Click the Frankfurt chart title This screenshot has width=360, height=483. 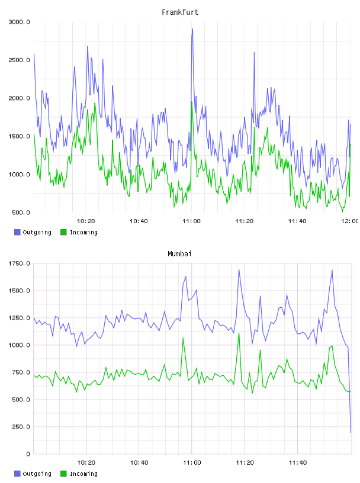click(x=180, y=12)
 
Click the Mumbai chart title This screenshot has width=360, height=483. click(x=179, y=254)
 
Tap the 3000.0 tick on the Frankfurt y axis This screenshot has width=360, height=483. click(x=19, y=22)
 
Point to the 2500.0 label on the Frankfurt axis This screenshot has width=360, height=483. click(x=19, y=60)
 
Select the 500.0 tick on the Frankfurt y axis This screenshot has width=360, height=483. click(x=21, y=212)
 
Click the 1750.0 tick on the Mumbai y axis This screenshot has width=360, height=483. click(x=19, y=263)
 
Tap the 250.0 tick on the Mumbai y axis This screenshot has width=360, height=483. click(x=21, y=427)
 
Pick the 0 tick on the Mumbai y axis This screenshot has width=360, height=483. click(x=28, y=454)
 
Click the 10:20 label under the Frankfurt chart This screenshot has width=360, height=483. click(x=86, y=221)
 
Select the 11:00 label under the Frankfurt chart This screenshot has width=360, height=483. click(x=191, y=221)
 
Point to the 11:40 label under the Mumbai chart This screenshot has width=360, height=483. click(x=298, y=463)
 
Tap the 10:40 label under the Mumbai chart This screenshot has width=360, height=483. click(x=139, y=463)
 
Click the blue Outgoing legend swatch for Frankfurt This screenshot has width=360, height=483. click(x=17, y=232)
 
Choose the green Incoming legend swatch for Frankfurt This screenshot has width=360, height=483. click(x=63, y=232)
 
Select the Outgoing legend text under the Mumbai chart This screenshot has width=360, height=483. click(x=37, y=474)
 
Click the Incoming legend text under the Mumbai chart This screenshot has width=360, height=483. click(x=83, y=474)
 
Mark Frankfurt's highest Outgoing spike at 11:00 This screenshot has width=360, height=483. click(x=192, y=29)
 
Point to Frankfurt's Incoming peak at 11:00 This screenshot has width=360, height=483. click(x=191, y=102)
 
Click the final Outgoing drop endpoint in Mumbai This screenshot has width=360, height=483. click(x=351, y=432)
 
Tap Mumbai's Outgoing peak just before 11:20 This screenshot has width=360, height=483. click(x=239, y=270)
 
